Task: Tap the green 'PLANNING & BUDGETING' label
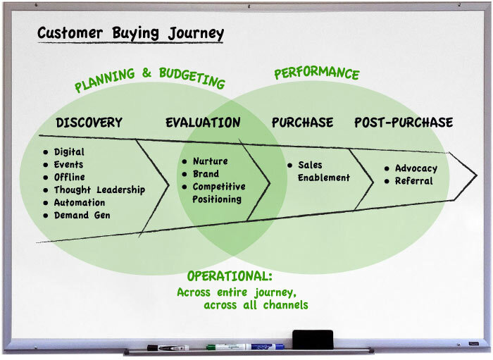[x=149, y=80]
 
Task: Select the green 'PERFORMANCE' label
[x=316, y=73]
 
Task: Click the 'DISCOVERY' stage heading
[x=89, y=123]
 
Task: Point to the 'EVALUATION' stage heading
[x=203, y=123]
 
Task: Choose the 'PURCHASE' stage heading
[x=302, y=123]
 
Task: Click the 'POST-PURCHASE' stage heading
[x=403, y=123]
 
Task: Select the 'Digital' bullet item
[x=69, y=152]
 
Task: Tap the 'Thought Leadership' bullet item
[x=99, y=190]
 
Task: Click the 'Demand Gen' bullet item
[x=82, y=216]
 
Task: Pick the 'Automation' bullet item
[x=80, y=203]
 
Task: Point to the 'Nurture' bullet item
[x=210, y=161]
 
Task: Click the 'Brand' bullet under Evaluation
[x=206, y=174]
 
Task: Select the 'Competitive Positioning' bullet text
[x=218, y=193]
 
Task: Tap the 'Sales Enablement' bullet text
[x=323, y=171]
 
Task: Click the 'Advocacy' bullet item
[x=416, y=169]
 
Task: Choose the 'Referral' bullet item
[x=413, y=181]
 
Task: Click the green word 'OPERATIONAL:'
[x=230, y=276]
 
